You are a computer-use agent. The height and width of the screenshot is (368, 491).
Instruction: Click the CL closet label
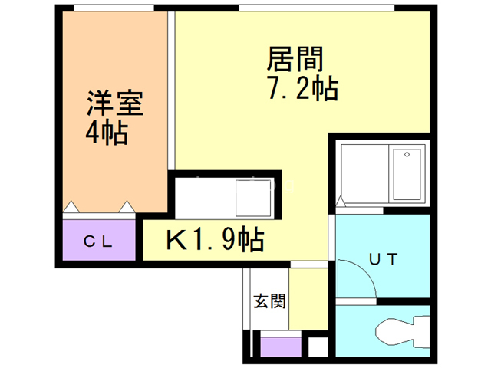[98, 242]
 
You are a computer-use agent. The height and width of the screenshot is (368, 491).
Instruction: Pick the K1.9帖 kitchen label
[216, 240]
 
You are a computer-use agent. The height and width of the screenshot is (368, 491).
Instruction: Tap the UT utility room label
[384, 258]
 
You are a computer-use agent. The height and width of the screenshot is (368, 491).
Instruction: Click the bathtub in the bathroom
[406, 174]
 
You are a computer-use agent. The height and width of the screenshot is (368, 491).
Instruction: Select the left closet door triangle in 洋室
[71, 207]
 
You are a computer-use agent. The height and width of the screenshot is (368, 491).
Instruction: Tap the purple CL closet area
[98, 242]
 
